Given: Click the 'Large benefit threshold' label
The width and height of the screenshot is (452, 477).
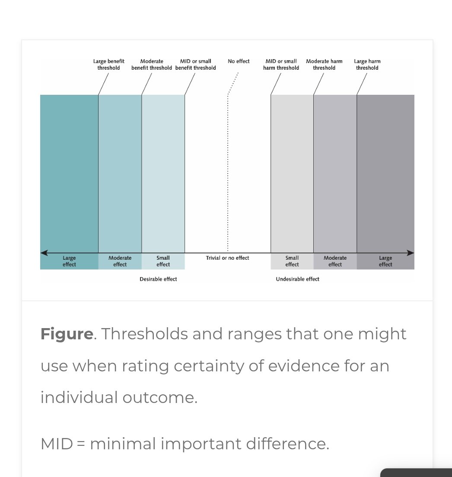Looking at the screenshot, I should (x=108, y=64).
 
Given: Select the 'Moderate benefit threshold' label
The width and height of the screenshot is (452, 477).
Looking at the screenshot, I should (x=152, y=64).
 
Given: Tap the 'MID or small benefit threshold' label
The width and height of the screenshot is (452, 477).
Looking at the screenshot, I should (x=195, y=64).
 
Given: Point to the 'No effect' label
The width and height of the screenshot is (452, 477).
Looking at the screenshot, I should (x=239, y=61).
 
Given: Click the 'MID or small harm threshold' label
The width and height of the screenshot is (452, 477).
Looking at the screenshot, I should (x=281, y=64).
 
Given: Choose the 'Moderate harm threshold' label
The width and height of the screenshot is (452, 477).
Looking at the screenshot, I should (x=324, y=64).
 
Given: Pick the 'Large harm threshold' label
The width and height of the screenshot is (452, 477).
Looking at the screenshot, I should (x=367, y=64).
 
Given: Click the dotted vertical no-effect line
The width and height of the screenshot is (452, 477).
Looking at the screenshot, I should (x=228, y=173).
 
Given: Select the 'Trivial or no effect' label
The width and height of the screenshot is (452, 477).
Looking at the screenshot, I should (x=227, y=258).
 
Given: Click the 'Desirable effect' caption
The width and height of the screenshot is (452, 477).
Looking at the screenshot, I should (x=158, y=279).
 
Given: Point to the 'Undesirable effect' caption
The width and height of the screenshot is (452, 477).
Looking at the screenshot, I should (x=297, y=279).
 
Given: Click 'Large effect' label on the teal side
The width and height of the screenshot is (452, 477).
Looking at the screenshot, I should (x=69, y=261).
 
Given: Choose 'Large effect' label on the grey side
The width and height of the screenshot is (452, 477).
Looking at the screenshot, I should (x=385, y=261).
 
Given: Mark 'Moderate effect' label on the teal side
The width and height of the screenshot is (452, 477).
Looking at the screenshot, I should (x=120, y=261).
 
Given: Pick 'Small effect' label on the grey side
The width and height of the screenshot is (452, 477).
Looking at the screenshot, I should (x=292, y=261).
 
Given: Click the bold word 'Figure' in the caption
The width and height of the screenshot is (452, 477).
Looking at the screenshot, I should (x=67, y=334).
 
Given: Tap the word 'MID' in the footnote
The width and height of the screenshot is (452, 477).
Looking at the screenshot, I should (x=57, y=444).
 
